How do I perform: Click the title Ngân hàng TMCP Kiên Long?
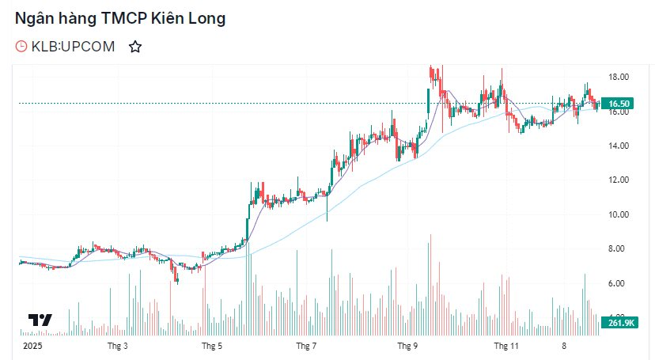(120, 19)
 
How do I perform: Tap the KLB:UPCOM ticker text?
(74, 47)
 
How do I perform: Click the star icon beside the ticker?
(135, 47)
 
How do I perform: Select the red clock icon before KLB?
(21, 47)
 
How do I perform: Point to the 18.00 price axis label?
(618, 77)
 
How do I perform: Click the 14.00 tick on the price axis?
(618, 146)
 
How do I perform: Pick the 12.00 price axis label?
(618, 180)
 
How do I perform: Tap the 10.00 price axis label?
(618, 214)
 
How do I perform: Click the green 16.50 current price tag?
(619, 104)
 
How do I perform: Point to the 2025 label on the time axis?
(32, 346)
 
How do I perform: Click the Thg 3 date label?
(118, 346)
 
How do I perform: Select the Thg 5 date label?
(212, 346)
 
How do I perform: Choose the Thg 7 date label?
(307, 346)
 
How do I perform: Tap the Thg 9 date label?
(407, 346)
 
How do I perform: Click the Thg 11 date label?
(505, 346)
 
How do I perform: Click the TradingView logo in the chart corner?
(40, 320)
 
